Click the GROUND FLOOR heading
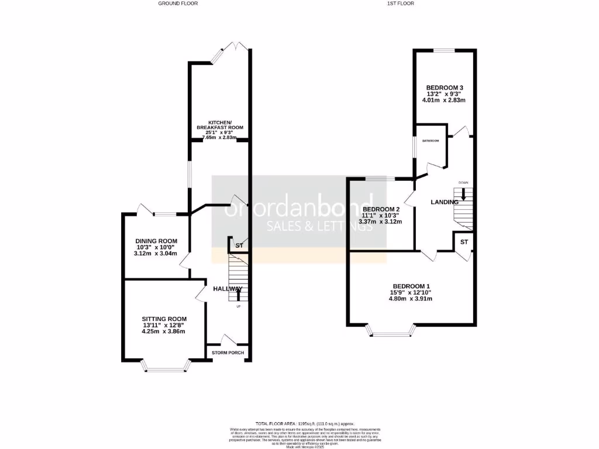click(178, 4)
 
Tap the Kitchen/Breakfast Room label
click(219, 124)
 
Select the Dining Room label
click(156, 241)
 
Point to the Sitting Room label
click(164, 319)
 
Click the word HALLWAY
click(228, 289)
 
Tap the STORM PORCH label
click(228, 353)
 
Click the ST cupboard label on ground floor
click(239, 246)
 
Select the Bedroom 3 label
click(445, 88)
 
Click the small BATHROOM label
click(431, 141)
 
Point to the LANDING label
click(445, 202)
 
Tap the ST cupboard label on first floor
click(464, 241)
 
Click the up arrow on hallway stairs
click(237, 295)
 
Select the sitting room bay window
click(167, 368)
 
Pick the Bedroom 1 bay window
click(391, 334)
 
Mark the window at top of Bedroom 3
click(444, 50)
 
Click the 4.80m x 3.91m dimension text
click(410, 299)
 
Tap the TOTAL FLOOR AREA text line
click(304, 423)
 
